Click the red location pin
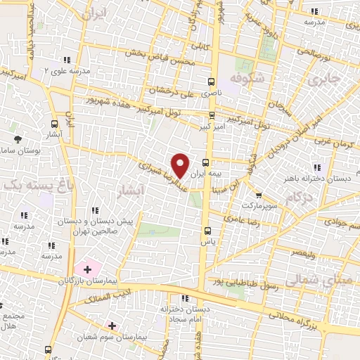coord(181,165)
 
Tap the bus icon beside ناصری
coord(212,80)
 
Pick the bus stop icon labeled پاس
coord(206,230)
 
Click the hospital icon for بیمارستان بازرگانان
coord(87,269)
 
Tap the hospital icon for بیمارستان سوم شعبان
coord(110,326)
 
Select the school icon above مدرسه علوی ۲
coord(67,60)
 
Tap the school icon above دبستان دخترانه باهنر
coord(317,167)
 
